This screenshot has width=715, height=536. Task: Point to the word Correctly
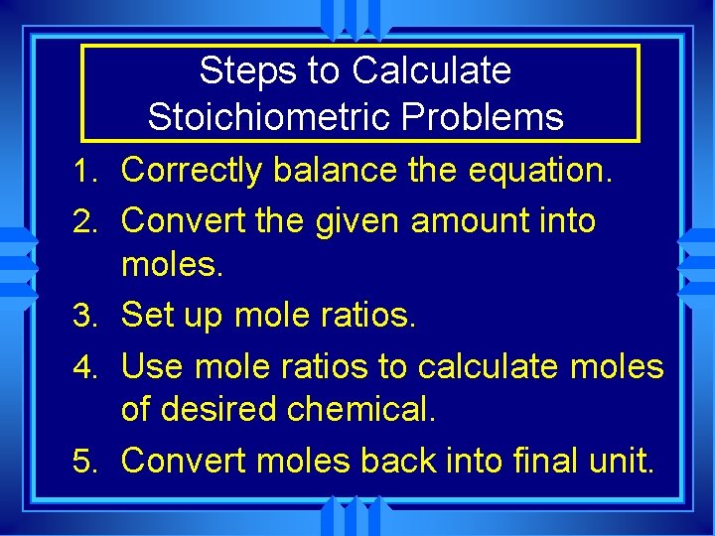pyautogui.click(x=192, y=171)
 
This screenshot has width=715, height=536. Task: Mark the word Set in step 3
pyautogui.click(x=147, y=316)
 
